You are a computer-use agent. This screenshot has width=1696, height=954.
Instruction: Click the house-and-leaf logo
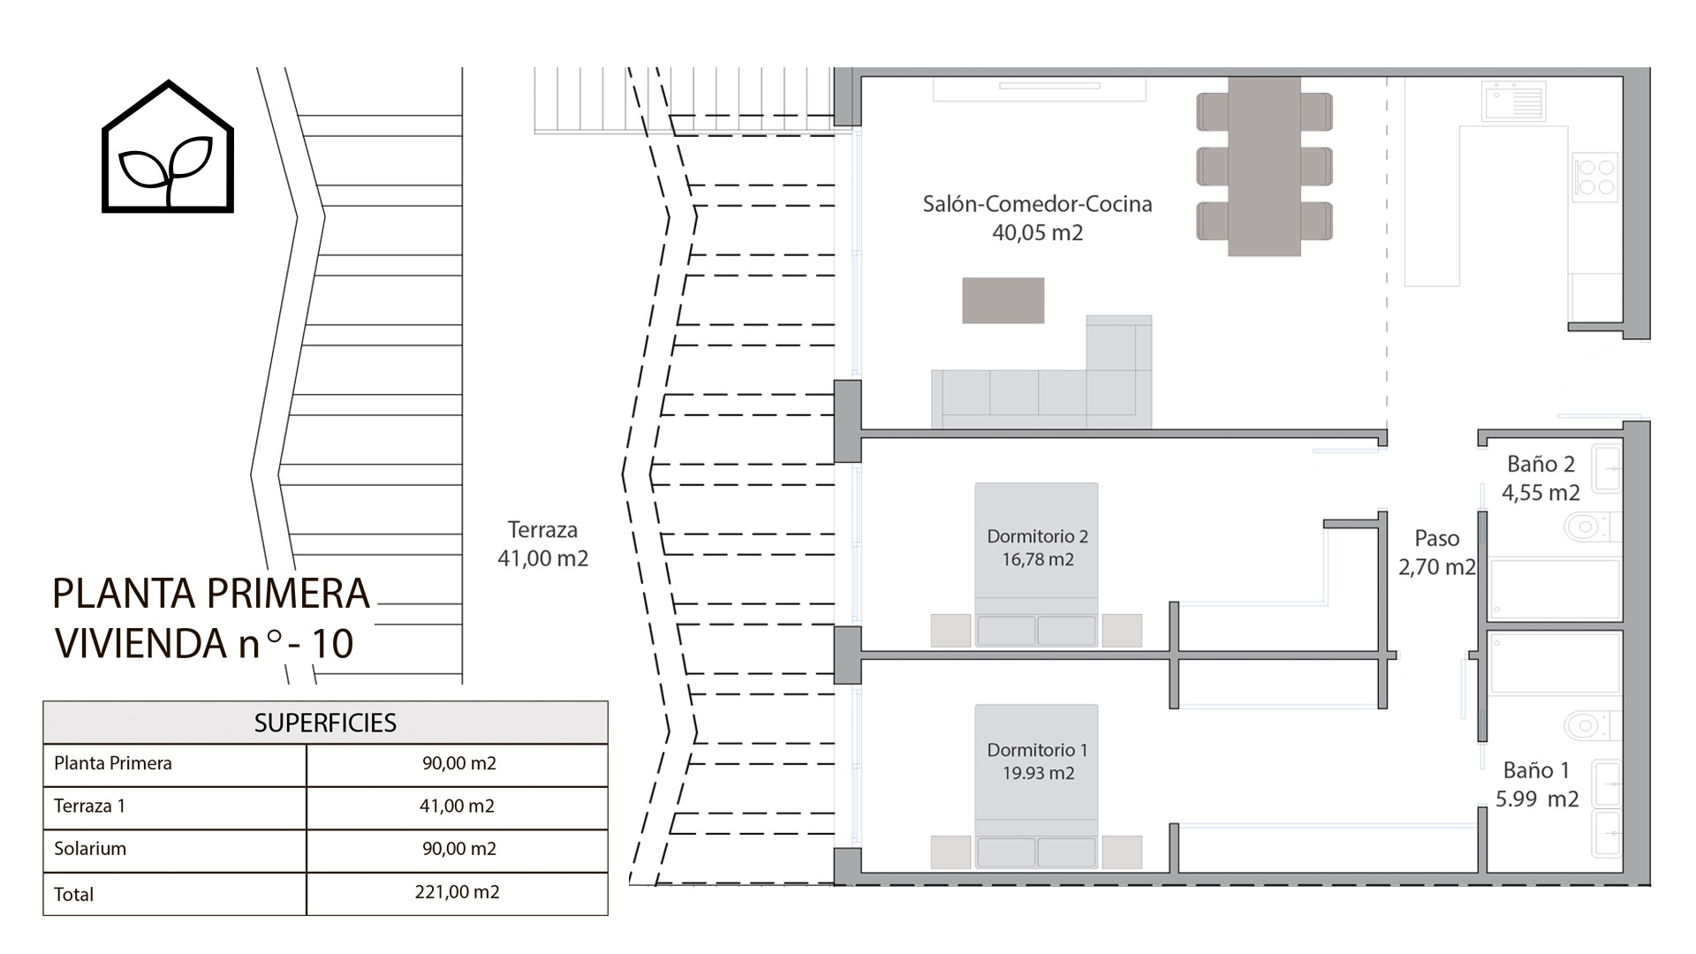pyautogui.click(x=168, y=148)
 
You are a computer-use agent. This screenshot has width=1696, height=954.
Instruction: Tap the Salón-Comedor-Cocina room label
pyautogui.click(x=1037, y=204)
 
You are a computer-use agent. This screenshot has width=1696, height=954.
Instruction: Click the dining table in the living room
pyautogui.click(x=1264, y=166)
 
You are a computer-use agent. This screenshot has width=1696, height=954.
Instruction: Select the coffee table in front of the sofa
pyautogui.click(x=1003, y=300)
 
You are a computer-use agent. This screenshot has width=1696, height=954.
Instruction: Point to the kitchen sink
pyautogui.click(x=1514, y=101)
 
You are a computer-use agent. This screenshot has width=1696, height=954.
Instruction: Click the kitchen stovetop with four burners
pyautogui.click(x=1595, y=177)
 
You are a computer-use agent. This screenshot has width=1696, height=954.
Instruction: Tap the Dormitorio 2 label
pyautogui.click(x=1037, y=536)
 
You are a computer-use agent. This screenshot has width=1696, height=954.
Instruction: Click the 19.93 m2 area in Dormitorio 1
pyautogui.click(x=1038, y=774)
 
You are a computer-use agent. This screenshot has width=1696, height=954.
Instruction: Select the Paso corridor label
pyautogui.click(x=1436, y=538)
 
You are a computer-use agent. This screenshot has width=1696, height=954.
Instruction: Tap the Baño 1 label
pyautogui.click(x=1536, y=770)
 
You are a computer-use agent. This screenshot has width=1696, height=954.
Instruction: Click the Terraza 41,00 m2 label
pyautogui.click(x=542, y=544)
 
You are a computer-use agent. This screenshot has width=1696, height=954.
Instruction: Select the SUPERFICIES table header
pyautogui.click(x=325, y=723)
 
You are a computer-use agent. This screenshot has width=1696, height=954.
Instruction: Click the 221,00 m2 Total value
pyautogui.click(x=457, y=892)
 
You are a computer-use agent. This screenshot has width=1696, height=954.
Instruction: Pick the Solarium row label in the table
pyautogui.click(x=90, y=849)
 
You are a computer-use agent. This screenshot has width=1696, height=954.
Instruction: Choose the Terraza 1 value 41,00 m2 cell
pyautogui.click(x=457, y=806)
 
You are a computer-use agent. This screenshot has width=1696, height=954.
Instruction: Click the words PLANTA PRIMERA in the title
pyautogui.click(x=210, y=594)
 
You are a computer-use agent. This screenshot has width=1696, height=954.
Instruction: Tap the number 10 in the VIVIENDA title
pyautogui.click(x=332, y=644)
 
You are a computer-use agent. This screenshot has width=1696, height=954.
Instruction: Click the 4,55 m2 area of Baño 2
pyautogui.click(x=1541, y=493)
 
